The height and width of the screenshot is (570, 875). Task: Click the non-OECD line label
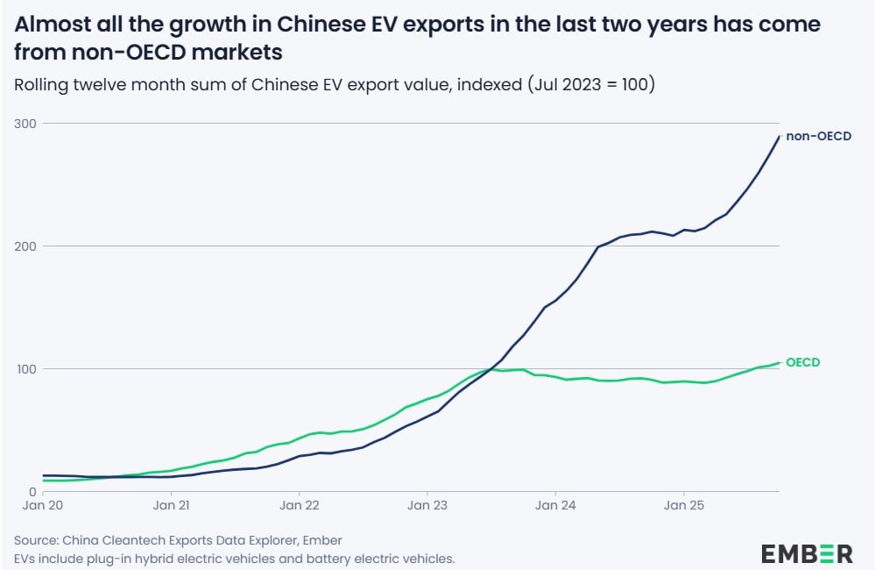pos(818,136)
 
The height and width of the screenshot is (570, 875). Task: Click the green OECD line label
pos(802,362)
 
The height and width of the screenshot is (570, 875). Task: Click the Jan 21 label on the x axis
pos(172,505)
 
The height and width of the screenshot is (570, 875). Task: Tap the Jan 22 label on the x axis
pos(300,505)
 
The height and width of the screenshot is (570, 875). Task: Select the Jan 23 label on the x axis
pos(427,505)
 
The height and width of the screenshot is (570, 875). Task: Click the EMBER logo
pos(806,553)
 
